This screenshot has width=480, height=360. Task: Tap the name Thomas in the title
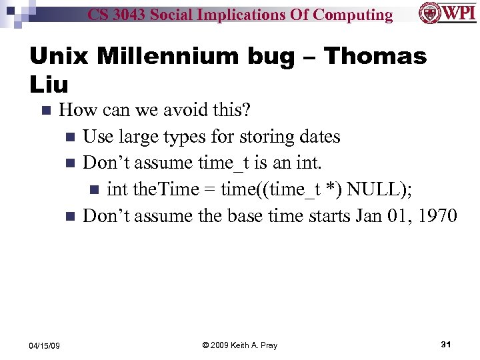[x=372, y=57]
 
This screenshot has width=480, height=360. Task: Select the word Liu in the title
[x=49, y=85]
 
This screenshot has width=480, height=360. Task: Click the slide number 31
[x=446, y=344]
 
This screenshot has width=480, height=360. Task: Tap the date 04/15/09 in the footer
[x=45, y=345]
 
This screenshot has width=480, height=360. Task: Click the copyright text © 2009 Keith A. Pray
[x=239, y=345]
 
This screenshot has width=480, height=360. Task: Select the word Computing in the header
[x=353, y=15]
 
